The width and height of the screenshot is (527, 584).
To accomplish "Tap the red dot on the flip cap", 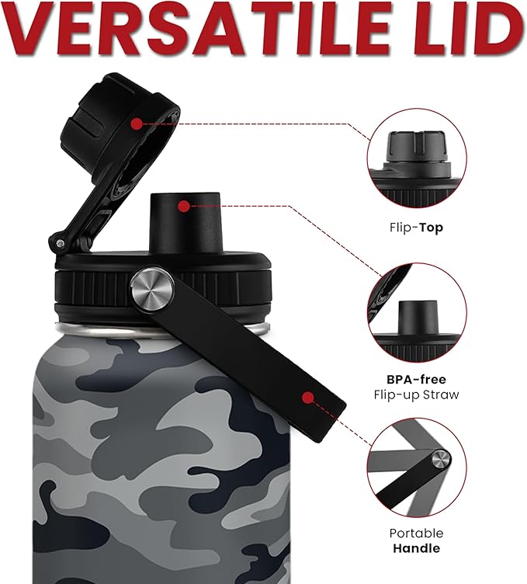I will point(137,123).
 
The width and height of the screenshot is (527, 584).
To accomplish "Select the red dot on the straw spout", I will point(183,206).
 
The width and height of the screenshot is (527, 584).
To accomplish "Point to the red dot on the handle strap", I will point(307,398).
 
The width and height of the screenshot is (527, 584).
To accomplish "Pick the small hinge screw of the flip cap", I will point(60,245).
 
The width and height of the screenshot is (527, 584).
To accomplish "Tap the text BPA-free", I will point(416,380).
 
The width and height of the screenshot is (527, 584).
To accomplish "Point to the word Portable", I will point(416,534).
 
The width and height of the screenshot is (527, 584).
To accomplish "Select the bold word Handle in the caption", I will point(416,548).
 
